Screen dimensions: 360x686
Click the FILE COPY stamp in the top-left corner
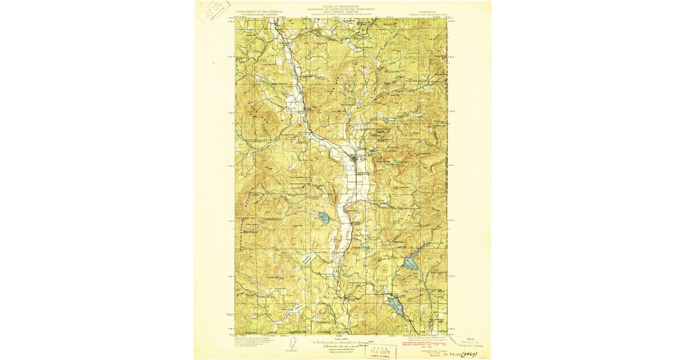click(215, 11)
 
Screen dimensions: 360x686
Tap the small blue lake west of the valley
click(324, 218)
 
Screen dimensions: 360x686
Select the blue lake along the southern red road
click(396, 306)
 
